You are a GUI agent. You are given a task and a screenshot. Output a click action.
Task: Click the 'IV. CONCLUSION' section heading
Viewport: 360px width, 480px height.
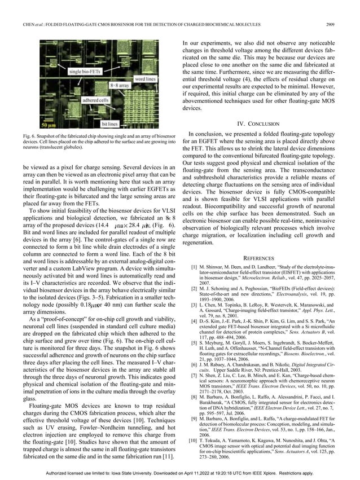click(265, 124)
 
